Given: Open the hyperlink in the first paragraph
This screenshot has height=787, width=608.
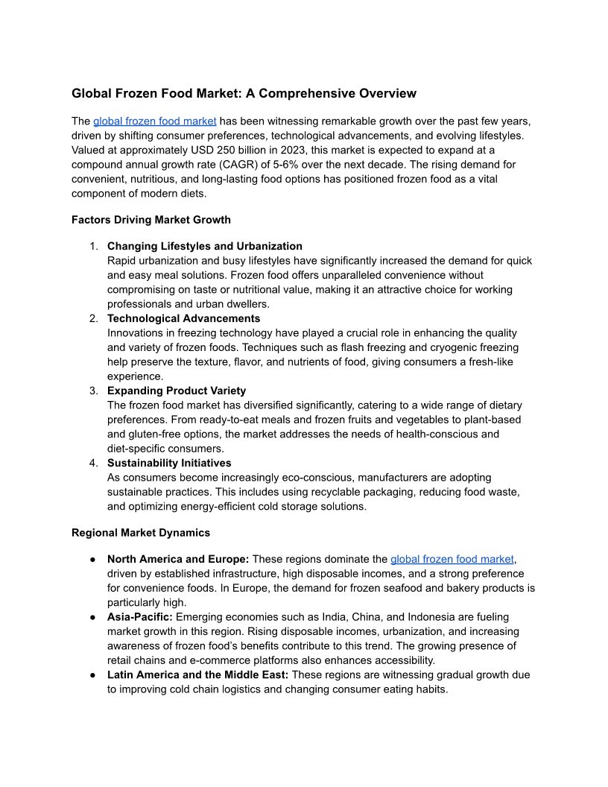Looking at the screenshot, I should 154,121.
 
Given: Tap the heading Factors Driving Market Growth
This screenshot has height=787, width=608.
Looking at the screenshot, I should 151,220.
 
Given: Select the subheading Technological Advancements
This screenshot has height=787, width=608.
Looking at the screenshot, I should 183,318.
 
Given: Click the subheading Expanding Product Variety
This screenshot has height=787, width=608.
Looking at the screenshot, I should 177,391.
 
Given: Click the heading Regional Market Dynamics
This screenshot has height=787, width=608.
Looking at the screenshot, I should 141,533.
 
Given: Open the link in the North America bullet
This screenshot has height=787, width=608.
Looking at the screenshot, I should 452,559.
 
